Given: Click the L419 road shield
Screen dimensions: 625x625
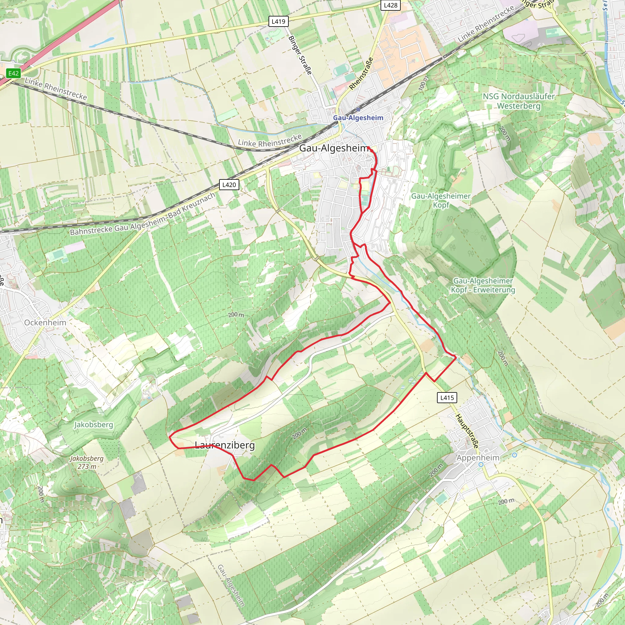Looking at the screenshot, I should pos(278,22).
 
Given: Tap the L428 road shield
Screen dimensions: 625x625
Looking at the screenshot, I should pos(390,5).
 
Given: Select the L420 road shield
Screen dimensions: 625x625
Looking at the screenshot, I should pos(229,185).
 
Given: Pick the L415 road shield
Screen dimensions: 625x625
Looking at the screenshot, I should pos(447,398).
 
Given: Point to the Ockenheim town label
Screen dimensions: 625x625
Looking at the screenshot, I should pos(45,323).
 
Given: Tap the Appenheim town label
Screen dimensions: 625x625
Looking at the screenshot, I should pos(478,458).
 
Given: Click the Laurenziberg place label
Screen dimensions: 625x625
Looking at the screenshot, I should pos(225,445).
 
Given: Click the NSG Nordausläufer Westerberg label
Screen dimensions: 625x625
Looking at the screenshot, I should pos(518,101).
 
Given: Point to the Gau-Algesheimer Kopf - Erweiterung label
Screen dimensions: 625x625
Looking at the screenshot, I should pos(483,285).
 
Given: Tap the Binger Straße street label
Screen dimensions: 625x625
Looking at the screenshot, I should pos(300,55).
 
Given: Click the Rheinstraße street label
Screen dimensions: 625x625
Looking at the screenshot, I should pos(361,74).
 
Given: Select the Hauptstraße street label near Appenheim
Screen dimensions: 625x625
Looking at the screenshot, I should pos(467,431).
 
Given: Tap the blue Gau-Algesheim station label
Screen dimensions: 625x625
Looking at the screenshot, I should pos(358,118).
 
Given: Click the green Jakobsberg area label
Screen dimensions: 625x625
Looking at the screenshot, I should pos(94,425).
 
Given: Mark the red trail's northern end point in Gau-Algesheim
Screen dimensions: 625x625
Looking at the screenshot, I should pos(368,148).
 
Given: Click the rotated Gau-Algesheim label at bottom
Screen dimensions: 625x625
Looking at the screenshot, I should pos(231,586).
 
